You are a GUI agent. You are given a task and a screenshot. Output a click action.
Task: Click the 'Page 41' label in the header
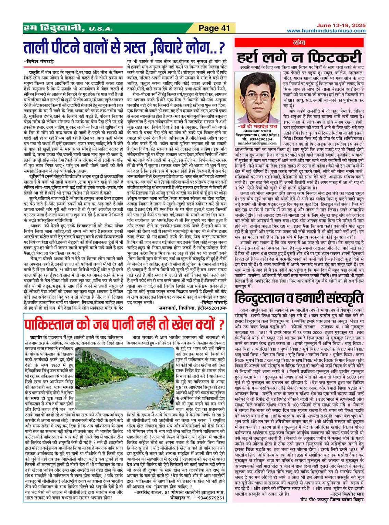tap(214, 28)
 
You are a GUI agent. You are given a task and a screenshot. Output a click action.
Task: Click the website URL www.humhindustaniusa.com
tap(326, 30)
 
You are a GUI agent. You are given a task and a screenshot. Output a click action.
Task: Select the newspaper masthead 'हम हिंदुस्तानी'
tap(53, 28)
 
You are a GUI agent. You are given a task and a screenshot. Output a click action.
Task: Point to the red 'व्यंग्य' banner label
tap(300, 42)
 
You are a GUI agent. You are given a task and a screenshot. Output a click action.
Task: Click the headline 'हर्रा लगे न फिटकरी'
tap(299, 57)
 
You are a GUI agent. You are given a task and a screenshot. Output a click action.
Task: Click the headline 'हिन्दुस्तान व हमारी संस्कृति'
tap(299, 297)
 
